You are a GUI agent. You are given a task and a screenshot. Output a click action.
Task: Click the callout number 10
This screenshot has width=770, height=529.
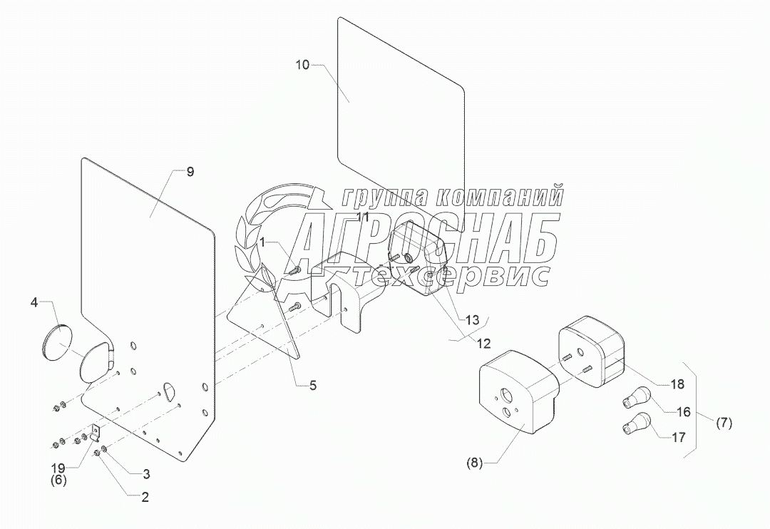coord(303,65)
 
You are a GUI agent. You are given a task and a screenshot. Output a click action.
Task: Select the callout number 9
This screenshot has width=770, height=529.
coord(190,172)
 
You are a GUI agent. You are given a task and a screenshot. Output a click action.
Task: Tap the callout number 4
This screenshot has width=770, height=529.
coord(34,302)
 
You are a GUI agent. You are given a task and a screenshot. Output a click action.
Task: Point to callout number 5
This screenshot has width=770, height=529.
coord(312,385)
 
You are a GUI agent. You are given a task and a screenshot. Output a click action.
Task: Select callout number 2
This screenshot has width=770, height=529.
coord(145,498)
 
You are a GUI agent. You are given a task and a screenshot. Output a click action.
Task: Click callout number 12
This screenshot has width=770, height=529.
coord(484,343)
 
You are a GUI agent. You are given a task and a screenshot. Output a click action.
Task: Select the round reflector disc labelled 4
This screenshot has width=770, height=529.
coord(55,342)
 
